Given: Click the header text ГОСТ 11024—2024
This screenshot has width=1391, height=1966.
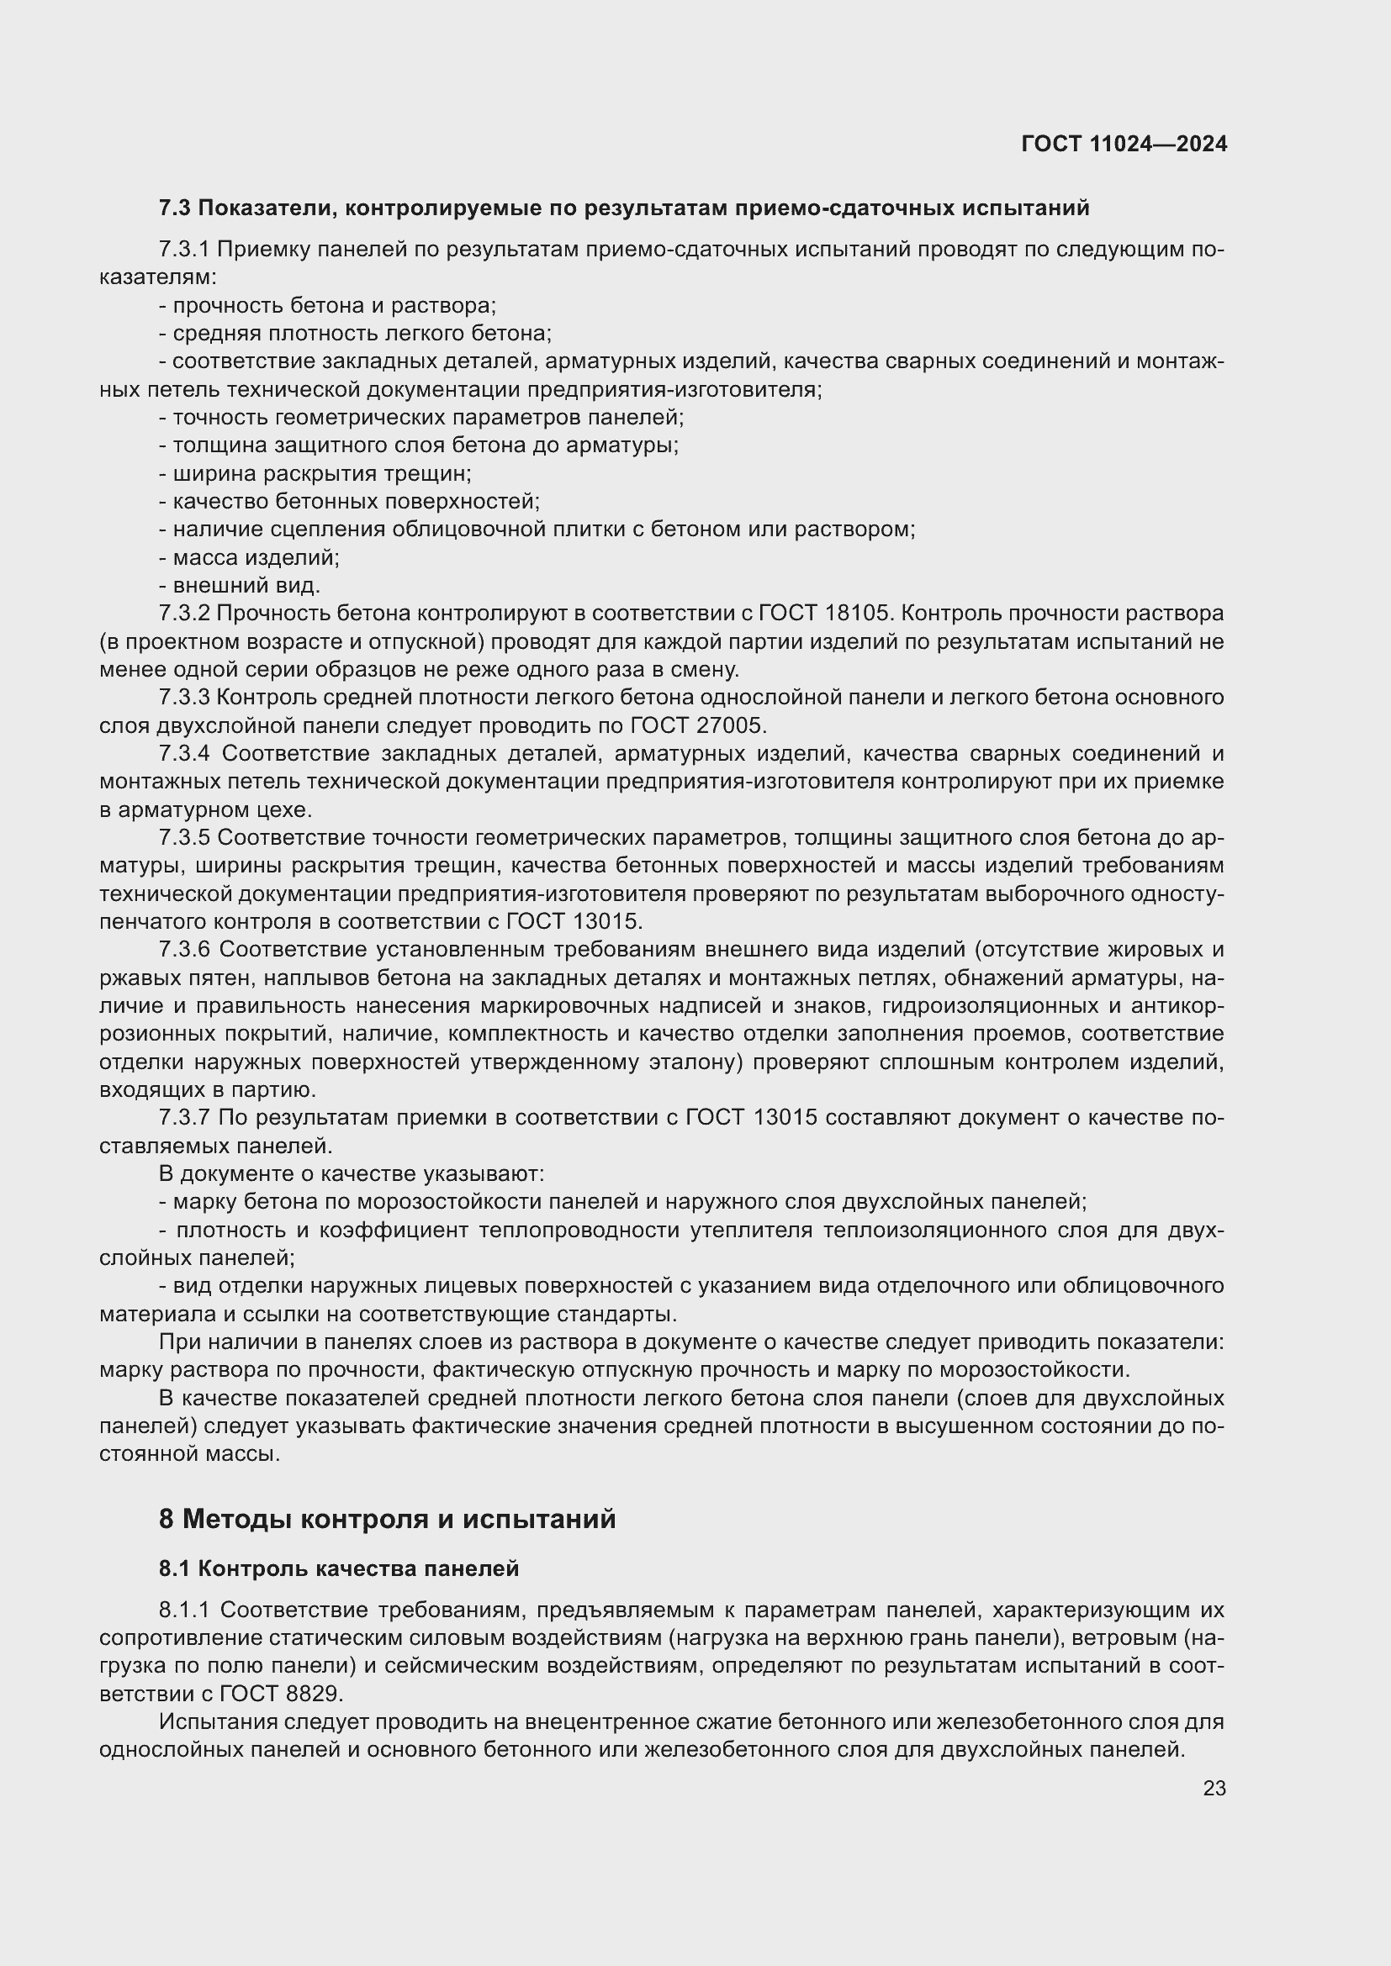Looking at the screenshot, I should [x=1124, y=144].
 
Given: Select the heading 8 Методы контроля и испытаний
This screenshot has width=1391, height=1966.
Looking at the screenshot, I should [x=387, y=1519].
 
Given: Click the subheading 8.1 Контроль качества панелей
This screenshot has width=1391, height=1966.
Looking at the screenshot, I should [x=338, y=1568].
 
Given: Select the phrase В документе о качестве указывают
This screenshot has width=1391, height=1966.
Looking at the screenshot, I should [x=352, y=1173].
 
